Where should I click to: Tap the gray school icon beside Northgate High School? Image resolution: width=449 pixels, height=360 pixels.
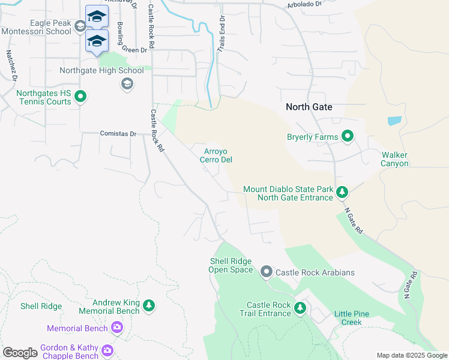pyautogui.click(x=127, y=83)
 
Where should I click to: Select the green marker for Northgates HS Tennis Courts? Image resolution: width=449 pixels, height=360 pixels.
pyautogui.click(x=82, y=97)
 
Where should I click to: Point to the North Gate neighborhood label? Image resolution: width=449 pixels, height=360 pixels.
pyautogui.click(x=309, y=107)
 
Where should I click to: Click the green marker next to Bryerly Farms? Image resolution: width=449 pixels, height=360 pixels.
pyautogui.click(x=348, y=136)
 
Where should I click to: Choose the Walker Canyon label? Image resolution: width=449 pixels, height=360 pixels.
pyautogui.click(x=395, y=159)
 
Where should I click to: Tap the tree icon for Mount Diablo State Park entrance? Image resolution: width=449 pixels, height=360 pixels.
pyautogui.click(x=342, y=193)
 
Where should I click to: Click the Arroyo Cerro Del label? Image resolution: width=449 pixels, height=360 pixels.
pyautogui.click(x=215, y=155)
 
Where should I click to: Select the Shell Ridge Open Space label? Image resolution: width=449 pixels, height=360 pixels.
pyautogui.click(x=231, y=265)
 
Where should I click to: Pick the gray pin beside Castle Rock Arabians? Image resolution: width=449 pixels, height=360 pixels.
pyautogui.click(x=267, y=272)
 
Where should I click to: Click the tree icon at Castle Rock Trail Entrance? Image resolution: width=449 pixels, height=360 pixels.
pyautogui.click(x=300, y=308)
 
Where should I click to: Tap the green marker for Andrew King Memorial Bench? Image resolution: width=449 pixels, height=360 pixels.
pyautogui.click(x=149, y=307)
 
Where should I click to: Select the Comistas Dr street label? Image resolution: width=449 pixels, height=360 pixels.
pyautogui.click(x=118, y=133)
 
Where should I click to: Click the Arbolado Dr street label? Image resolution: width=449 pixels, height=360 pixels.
pyautogui.click(x=305, y=4)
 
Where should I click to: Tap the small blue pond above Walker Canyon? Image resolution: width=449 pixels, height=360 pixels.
pyautogui.click(x=394, y=121)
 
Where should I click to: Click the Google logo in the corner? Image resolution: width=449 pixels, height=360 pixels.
pyautogui.click(x=20, y=353)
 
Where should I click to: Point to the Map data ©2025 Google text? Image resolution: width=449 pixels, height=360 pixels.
pyautogui.click(x=411, y=355)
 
